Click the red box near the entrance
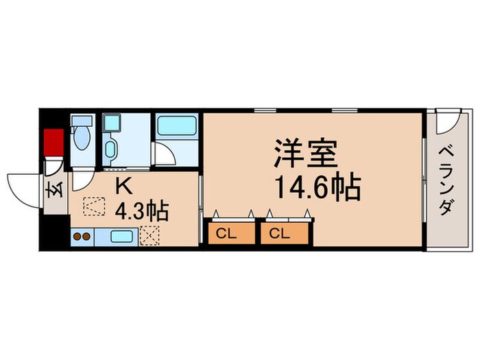pos(53,142)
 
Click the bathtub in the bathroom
pos(177,127)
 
